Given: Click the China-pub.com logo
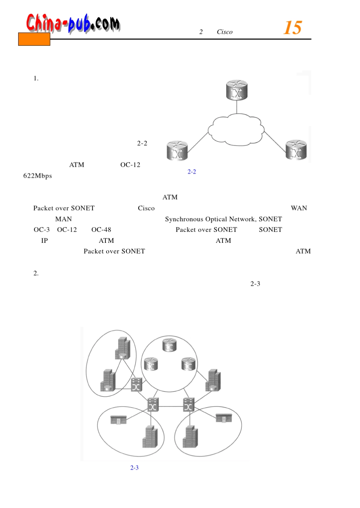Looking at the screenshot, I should point(73,23).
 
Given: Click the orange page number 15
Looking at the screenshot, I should point(293,28).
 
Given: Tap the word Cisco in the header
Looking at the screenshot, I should point(225,32).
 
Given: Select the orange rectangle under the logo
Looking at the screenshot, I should point(34,39).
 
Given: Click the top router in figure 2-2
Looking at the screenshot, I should point(237,90).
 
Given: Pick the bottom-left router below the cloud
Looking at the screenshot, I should point(177,150).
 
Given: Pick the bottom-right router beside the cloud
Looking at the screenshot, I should point(296,150).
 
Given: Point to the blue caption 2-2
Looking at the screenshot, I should point(192,172).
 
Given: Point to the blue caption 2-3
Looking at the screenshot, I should point(135,468).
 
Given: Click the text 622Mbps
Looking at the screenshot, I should point(38,176).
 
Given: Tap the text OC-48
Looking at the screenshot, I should point(101,230).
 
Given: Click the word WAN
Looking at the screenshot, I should point(299,208).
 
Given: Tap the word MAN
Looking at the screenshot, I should point(63,219).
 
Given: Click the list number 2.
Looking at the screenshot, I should point(36,273).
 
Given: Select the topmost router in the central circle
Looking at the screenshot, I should point(169,345).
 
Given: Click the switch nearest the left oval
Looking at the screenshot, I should point(136,385).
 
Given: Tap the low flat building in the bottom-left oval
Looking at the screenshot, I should point(118,420).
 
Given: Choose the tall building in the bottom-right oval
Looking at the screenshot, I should point(190,437).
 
